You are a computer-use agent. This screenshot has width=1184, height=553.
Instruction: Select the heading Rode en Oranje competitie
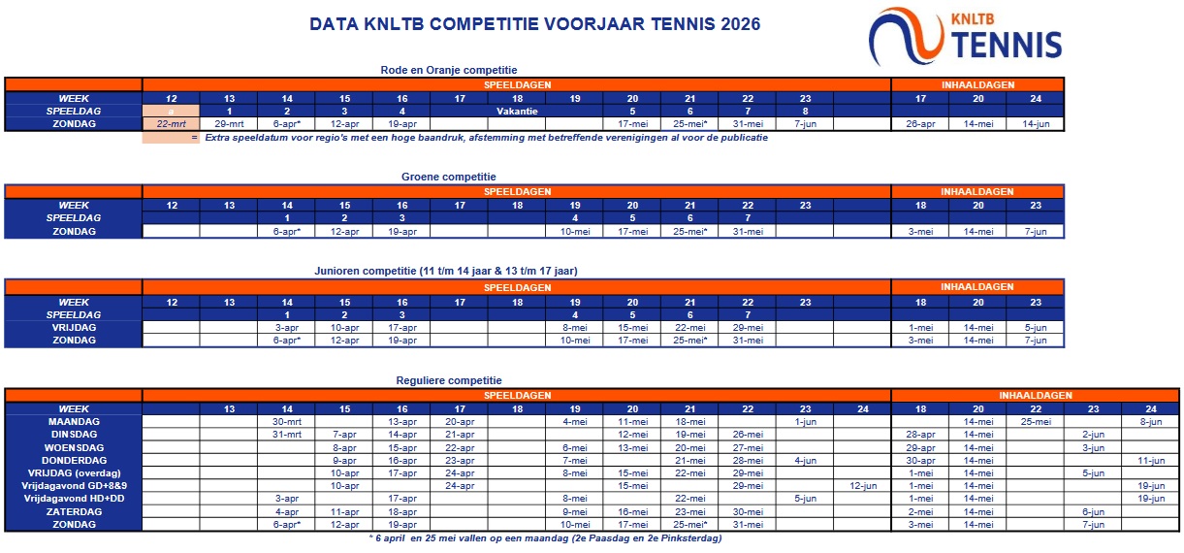tap(449, 70)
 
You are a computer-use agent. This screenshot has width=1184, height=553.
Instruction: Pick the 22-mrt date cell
tap(171, 124)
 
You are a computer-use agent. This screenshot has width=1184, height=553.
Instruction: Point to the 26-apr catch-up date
tap(920, 124)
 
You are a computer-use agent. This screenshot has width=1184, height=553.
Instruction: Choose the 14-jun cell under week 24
tap(1036, 124)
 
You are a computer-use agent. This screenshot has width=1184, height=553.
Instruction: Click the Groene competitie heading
tap(449, 177)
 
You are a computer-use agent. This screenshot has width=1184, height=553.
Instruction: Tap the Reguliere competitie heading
tap(449, 380)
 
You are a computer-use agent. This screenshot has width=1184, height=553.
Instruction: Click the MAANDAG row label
tap(74, 422)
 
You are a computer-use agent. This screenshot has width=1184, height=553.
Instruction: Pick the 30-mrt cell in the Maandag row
tap(286, 422)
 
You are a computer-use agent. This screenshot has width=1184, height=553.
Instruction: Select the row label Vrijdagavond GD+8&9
tap(74, 485)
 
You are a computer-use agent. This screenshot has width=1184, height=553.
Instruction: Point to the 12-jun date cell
tap(862, 485)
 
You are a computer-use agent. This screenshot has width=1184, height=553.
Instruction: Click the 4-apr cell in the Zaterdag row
tap(286, 511)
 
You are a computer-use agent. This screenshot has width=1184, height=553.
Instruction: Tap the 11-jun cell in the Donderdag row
tap(1151, 460)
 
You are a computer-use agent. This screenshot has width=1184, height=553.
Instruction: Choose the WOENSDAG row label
tap(74, 447)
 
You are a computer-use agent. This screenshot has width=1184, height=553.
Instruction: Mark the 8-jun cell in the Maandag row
tap(1151, 422)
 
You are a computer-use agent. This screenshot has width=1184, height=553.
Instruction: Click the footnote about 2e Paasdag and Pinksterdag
tap(545, 537)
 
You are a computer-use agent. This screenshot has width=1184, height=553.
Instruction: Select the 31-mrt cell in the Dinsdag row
tap(286, 435)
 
